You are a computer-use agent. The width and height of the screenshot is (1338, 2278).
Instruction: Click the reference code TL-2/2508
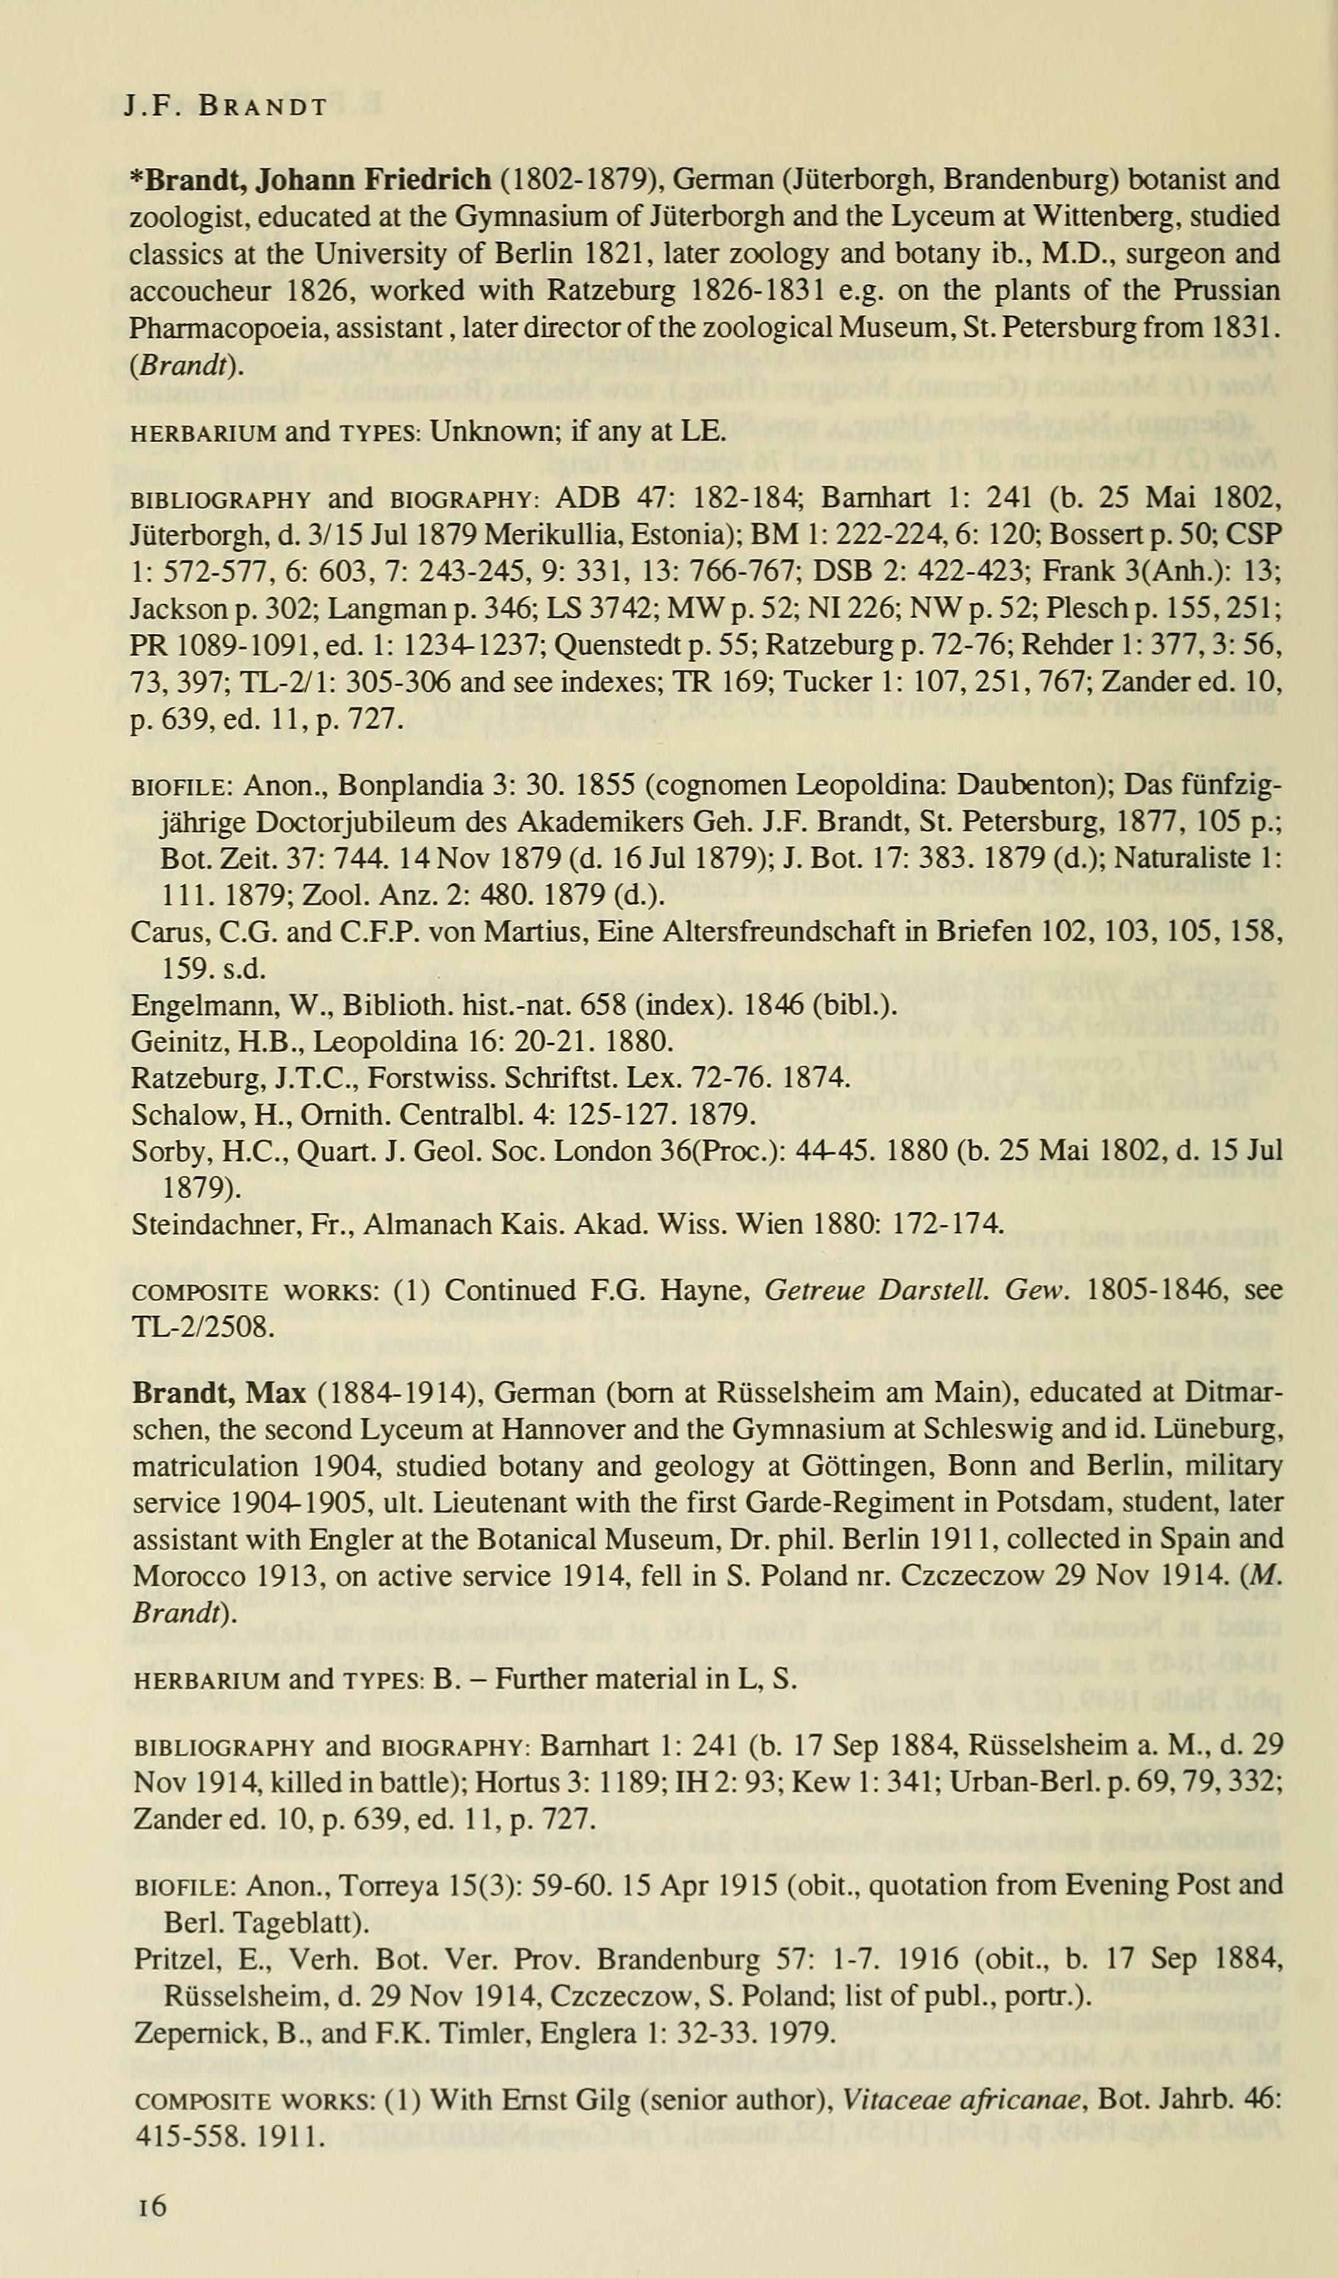tap(200, 1327)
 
